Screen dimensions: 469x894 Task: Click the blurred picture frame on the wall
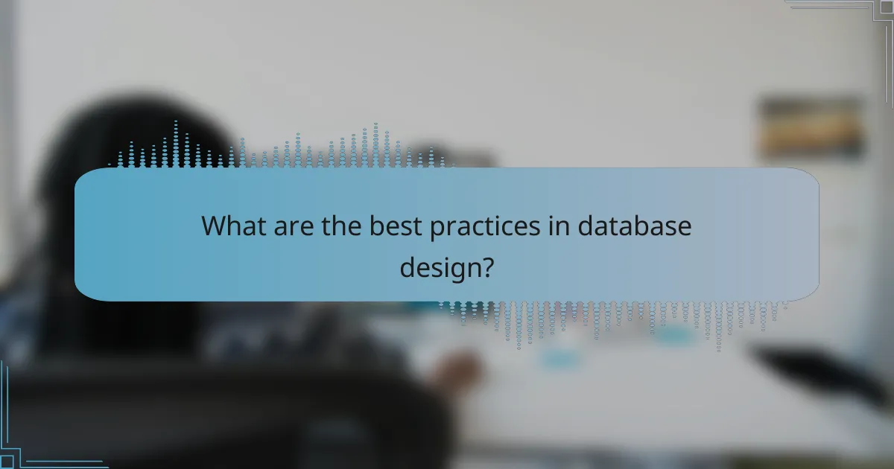(x=811, y=128)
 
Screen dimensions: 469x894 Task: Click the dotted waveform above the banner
(x=283, y=149)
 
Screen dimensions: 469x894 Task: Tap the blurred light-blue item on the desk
(x=560, y=359)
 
